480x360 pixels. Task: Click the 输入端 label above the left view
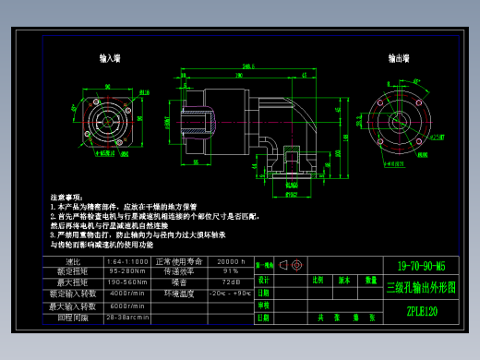pos(110,58)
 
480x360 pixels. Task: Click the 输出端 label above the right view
pos(400,58)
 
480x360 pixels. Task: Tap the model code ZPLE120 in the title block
pos(422,311)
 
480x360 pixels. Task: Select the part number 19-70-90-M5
pos(421,265)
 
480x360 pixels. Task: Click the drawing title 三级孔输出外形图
pos(421,287)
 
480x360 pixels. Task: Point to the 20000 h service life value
pos(230,261)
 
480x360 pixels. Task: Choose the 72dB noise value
pos(230,282)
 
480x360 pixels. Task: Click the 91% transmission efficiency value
pos(230,271)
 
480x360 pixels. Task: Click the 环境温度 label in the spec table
pos(179,294)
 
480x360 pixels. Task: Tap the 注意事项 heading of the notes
pos(66,198)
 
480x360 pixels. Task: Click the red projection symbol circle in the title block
pos(297,265)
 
